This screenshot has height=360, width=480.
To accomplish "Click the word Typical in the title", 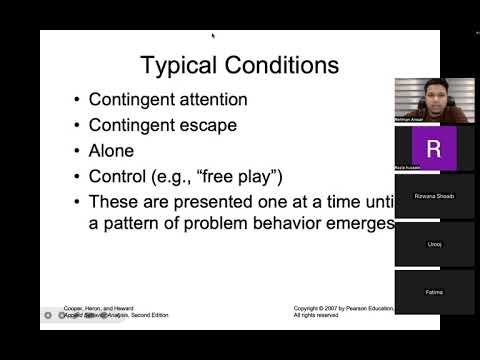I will pyautogui.click(x=179, y=67).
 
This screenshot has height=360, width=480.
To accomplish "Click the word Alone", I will pyautogui.click(x=114, y=152).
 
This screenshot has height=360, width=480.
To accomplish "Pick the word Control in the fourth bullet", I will pyautogui.click(x=120, y=177).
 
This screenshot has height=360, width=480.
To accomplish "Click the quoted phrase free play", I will pyautogui.click(x=244, y=177).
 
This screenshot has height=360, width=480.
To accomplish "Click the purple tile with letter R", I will pyautogui.click(x=433, y=148).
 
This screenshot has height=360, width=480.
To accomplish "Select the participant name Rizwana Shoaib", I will pyautogui.click(x=434, y=196).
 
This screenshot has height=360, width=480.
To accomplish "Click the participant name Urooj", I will pyautogui.click(x=434, y=244).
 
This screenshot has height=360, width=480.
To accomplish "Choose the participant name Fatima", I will pyautogui.click(x=434, y=292).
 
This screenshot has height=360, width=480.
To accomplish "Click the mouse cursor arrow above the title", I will pyautogui.click(x=213, y=36).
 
